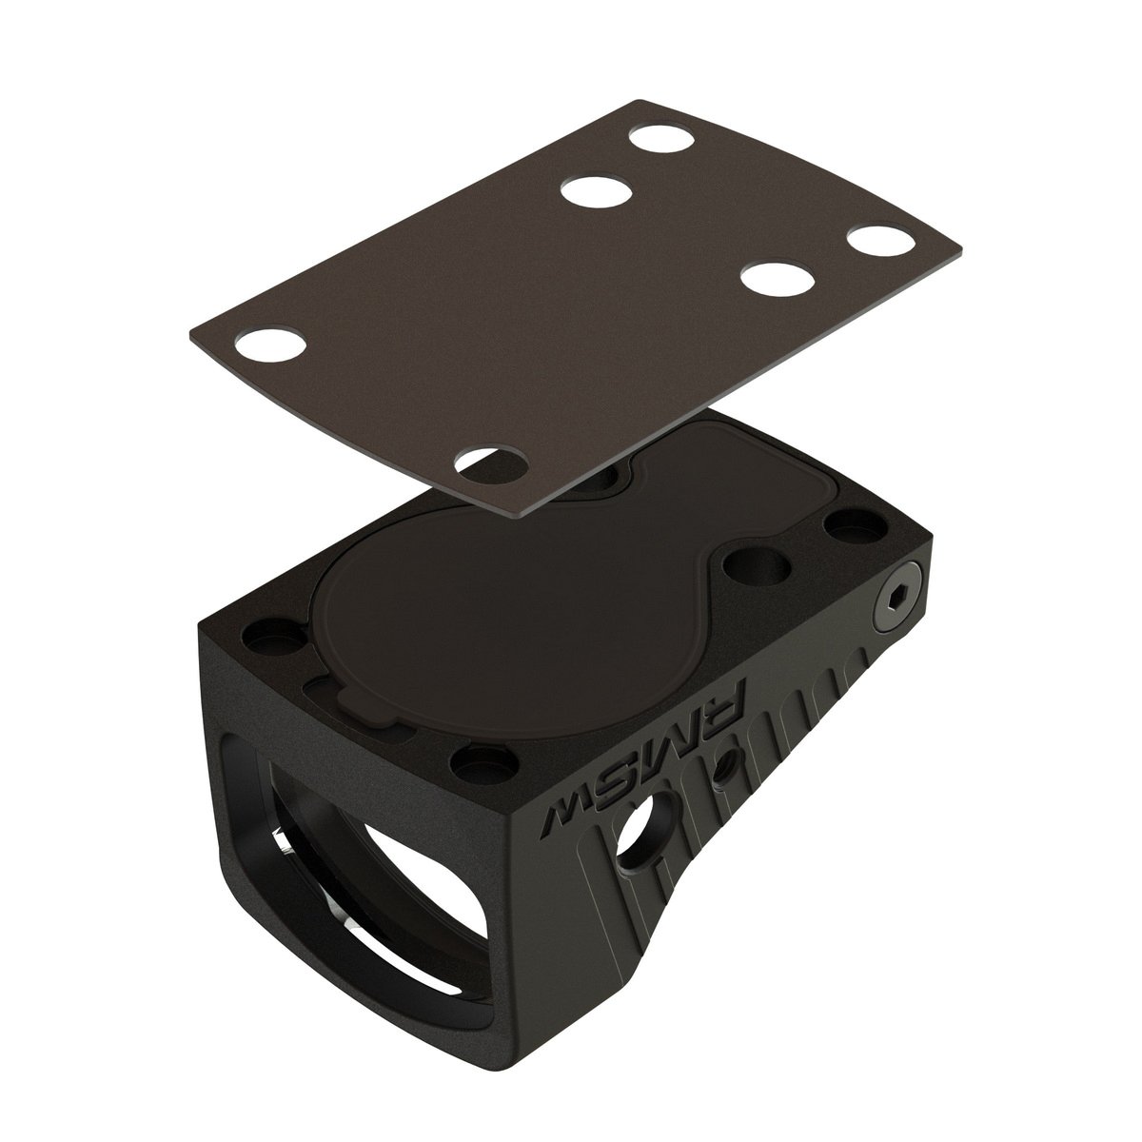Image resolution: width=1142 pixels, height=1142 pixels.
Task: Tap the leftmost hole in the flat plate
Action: coord(271,344)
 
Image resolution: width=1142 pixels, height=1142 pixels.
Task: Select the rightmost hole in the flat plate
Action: coord(879,240)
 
